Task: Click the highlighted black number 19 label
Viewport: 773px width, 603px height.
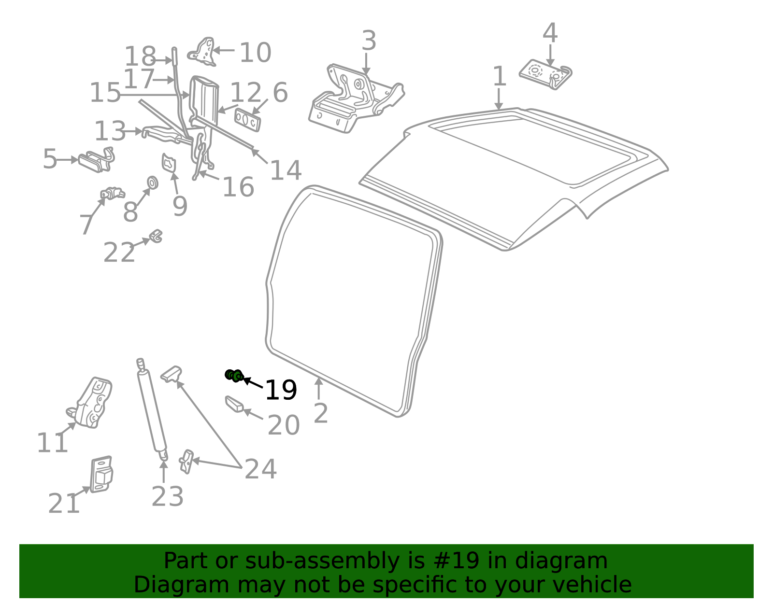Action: (281, 390)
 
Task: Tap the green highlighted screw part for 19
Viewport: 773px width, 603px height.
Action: (234, 375)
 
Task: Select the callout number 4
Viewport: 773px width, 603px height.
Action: (550, 33)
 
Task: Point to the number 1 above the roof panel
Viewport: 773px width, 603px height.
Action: (499, 77)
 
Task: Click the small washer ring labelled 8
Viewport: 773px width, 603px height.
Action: (152, 183)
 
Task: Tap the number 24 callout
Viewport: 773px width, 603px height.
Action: (260, 469)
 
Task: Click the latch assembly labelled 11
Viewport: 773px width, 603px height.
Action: (91, 404)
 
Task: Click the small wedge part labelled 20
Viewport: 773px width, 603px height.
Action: (234, 404)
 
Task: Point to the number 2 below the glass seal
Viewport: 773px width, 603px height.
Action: (321, 414)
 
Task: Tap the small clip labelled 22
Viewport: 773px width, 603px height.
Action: (156, 236)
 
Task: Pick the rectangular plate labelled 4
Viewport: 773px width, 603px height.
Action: (545, 74)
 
